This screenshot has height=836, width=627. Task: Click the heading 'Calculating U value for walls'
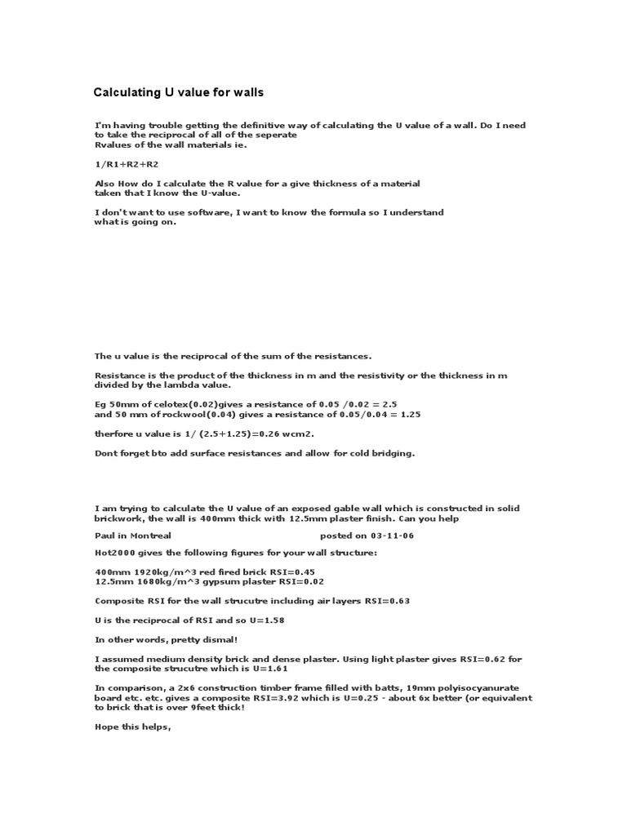(x=179, y=93)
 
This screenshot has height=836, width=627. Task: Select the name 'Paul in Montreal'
(x=133, y=536)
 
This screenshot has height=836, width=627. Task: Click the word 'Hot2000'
(x=113, y=553)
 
